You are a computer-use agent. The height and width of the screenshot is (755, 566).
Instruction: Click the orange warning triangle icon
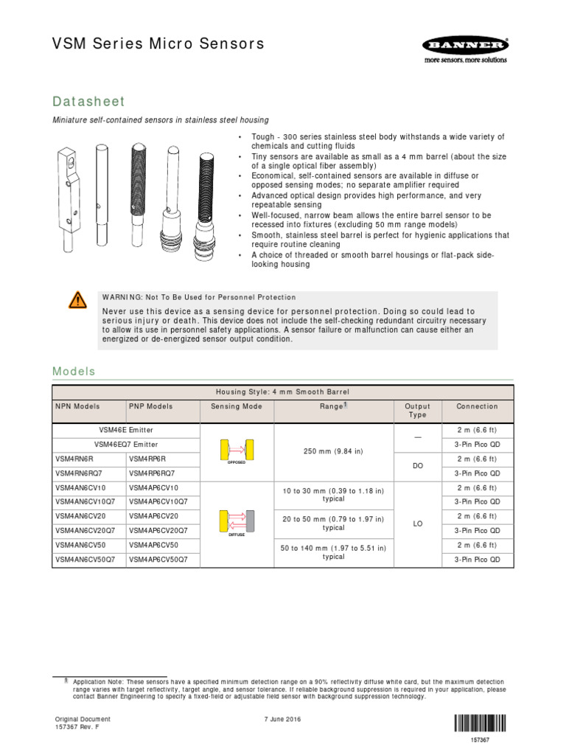click(x=77, y=299)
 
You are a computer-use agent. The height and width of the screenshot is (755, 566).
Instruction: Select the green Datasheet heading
click(x=88, y=101)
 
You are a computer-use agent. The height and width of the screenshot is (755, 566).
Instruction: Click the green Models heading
click(x=74, y=372)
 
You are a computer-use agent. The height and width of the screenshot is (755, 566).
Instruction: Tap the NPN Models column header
click(x=77, y=406)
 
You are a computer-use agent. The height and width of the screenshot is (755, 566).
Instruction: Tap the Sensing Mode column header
click(x=236, y=406)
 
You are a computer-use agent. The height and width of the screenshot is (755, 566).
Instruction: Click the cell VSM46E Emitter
click(x=126, y=429)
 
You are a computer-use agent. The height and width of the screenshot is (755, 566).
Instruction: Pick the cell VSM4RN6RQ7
click(x=79, y=473)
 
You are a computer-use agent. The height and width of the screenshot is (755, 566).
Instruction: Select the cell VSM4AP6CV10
click(x=154, y=487)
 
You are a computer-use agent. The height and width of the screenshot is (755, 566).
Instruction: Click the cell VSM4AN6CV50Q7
click(x=85, y=560)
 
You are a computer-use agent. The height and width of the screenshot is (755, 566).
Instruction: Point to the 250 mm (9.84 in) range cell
click(x=332, y=451)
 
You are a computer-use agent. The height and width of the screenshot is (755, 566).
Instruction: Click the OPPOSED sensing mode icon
click(x=236, y=451)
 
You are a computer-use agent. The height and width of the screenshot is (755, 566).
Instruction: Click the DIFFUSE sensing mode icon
click(x=236, y=523)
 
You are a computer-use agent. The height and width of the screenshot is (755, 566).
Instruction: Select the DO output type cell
click(x=417, y=465)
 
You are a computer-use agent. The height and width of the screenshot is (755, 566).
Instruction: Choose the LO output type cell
click(x=417, y=523)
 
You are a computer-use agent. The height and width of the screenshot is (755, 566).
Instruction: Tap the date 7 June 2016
click(x=282, y=719)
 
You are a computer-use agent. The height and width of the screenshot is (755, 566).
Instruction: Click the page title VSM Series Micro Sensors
click(x=158, y=44)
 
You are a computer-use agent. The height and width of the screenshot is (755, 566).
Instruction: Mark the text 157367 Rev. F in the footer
click(x=77, y=727)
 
